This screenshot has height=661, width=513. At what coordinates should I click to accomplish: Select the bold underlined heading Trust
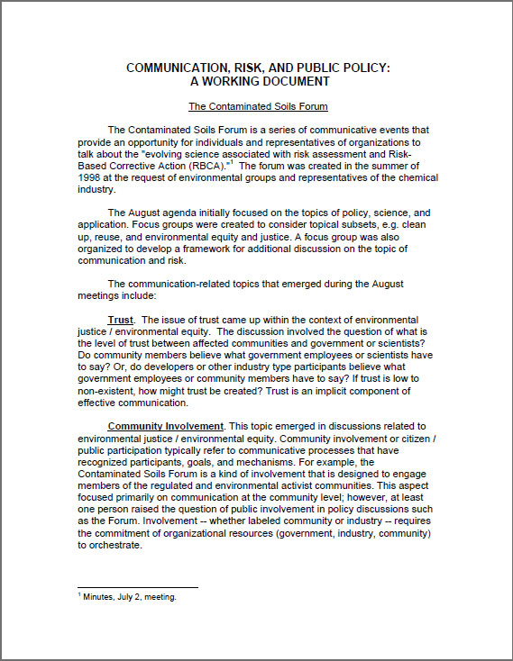pyautogui.click(x=121, y=320)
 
